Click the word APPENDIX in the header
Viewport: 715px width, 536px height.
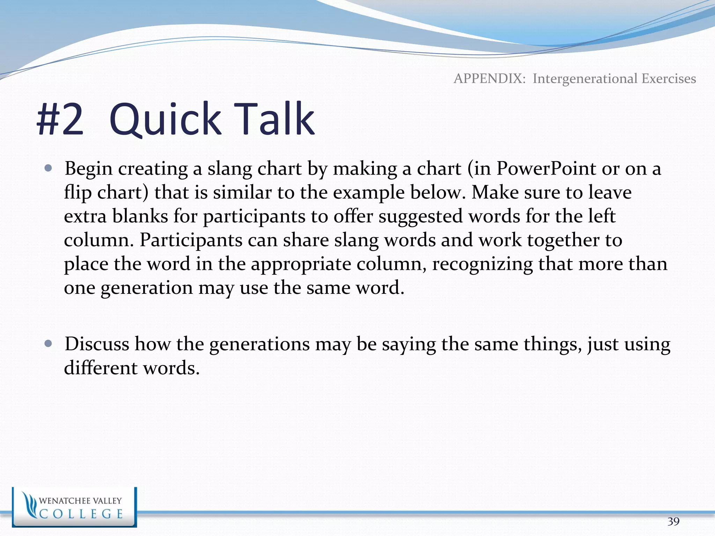[x=489, y=79]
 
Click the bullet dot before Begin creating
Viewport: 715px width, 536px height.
[x=49, y=169]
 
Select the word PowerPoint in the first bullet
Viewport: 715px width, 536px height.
[x=546, y=169]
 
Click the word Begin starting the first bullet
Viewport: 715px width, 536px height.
[x=88, y=169]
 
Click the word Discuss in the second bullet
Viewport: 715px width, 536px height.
[x=97, y=344]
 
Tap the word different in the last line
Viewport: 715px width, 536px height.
[x=101, y=368]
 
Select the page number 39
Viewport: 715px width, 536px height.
[x=673, y=521]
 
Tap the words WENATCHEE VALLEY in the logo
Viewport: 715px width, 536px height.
[x=80, y=501]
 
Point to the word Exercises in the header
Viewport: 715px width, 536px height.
[x=669, y=79]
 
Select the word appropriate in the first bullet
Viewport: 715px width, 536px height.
[x=301, y=264]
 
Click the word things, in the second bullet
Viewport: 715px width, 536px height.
[x=552, y=344]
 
